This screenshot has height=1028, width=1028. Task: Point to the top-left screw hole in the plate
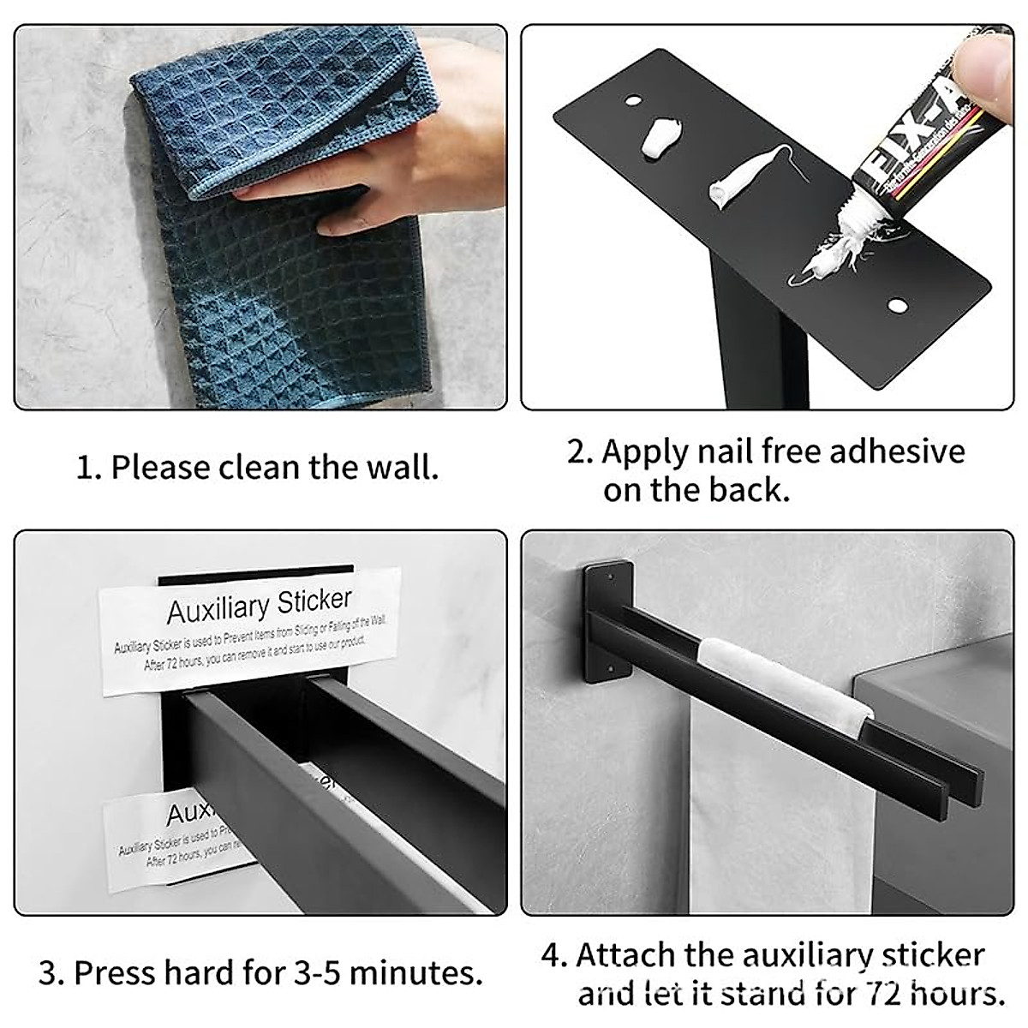(x=632, y=101)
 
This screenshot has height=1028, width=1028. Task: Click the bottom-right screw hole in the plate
(x=897, y=305)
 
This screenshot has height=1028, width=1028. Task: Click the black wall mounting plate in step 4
(x=607, y=621)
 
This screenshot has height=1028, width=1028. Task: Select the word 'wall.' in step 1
(x=402, y=468)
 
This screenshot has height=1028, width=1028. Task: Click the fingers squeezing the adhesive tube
(x=985, y=60)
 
